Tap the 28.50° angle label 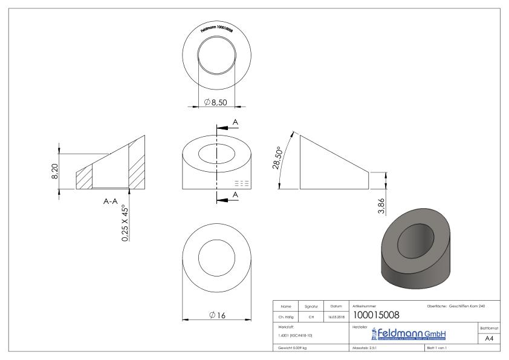tap(278, 159)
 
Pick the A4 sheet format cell tap(490, 339)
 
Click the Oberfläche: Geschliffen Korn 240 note tap(456, 306)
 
